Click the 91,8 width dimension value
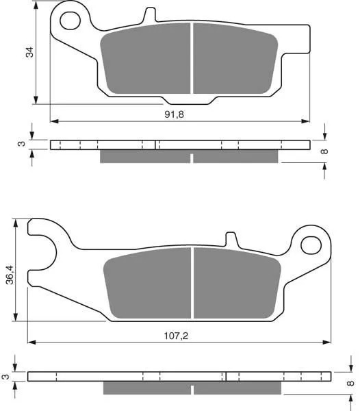tap(174, 114)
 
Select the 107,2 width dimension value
tap(176, 336)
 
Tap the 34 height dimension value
tap(29, 52)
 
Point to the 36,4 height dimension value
tap(10, 275)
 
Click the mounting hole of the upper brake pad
tap(70, 21)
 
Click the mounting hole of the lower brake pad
tap(311, 245)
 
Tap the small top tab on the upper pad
tap(150, 14)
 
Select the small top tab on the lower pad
tap(231, 239)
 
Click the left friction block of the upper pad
tap(145, 59)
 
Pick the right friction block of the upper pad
tap(235, 59)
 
